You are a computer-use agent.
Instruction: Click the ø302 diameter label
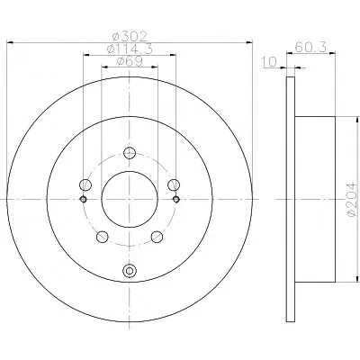130,36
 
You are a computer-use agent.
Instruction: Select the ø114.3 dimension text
130,49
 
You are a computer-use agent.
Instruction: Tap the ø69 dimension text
130,61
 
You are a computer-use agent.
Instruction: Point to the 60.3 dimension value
310,47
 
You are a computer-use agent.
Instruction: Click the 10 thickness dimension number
269,62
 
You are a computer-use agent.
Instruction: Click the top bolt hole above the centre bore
130,153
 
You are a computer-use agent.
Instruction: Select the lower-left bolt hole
103,237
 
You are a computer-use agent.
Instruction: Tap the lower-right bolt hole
157,237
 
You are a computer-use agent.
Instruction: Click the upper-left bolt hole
85,184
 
